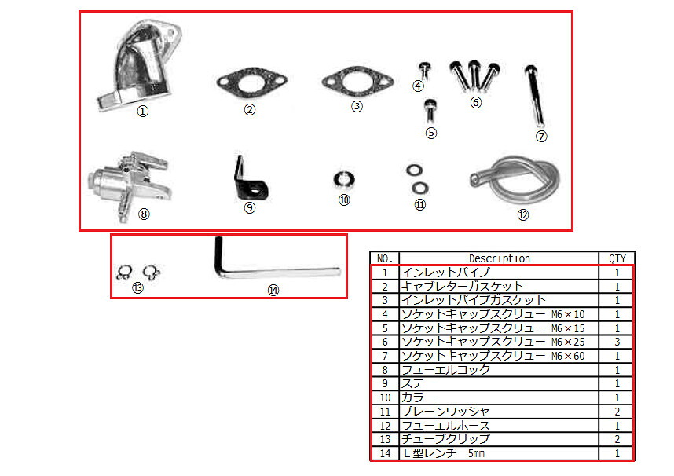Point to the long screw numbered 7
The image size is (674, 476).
[x=536, y=96]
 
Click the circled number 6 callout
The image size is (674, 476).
[x=475, y=103]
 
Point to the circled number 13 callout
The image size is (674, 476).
[x=137, y=288]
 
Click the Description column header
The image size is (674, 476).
[x=499, y=258]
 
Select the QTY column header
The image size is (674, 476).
[x=617, y=258]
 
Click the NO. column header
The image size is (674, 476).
[x=385, y=258]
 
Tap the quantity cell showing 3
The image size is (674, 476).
[x=617, y=342]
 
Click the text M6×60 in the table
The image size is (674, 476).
[x=568, y=356]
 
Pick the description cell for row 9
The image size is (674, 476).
[x=499, y=383]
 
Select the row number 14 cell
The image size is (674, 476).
[x=385, y=453]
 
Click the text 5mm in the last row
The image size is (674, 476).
[x=476, y=453]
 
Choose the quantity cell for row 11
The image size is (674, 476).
[x=617, y=412]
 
